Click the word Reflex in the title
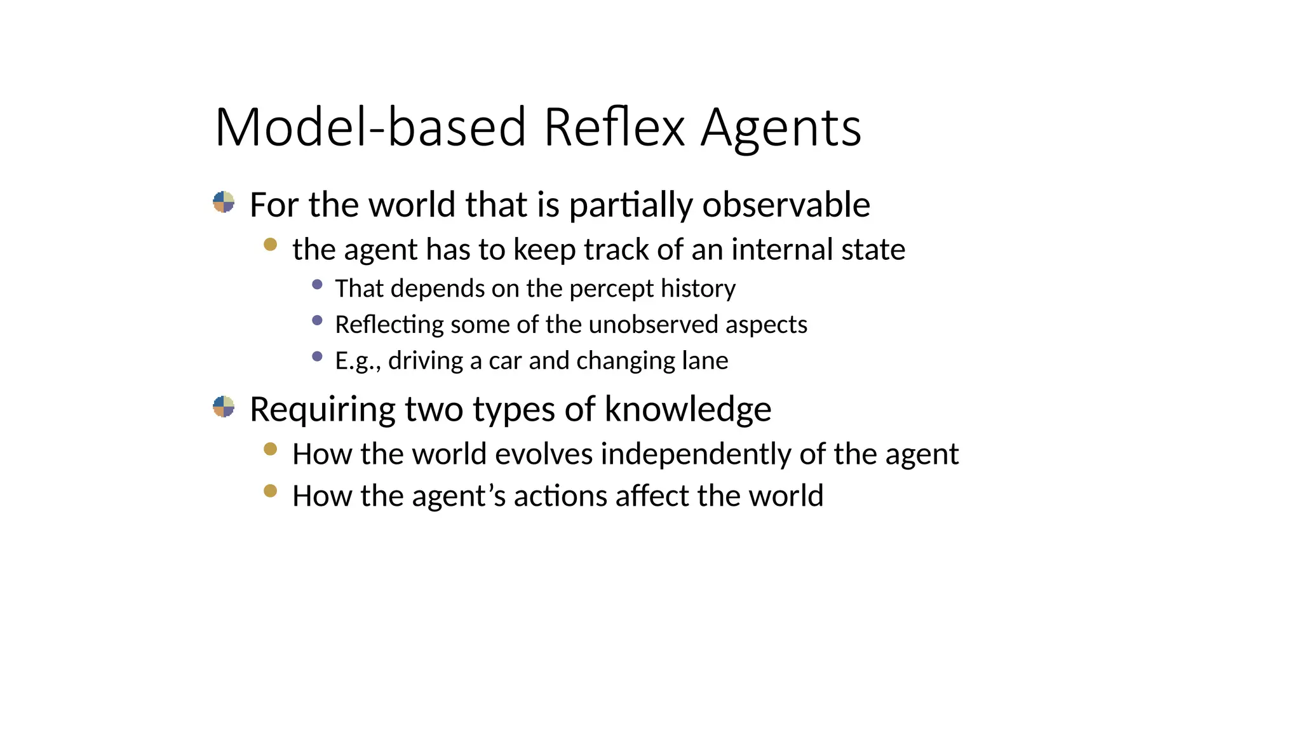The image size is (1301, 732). click(614, 127)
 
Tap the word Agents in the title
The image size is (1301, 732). click(781, 128)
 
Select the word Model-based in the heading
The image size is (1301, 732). click(370, 127)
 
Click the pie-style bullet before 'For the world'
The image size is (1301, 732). click(224, 202)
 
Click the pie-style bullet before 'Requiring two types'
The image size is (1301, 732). click(224, 406)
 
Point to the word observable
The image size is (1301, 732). click(786, 205)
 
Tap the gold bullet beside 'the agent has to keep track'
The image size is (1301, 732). click(270, 245)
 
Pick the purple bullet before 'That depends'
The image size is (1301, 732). click(318, 285)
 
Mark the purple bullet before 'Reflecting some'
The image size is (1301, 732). click(318, 320)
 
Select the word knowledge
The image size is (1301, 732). click(688, 409)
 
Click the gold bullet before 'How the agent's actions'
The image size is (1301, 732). click(270, 491)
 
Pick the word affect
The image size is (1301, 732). click(652, 496)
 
